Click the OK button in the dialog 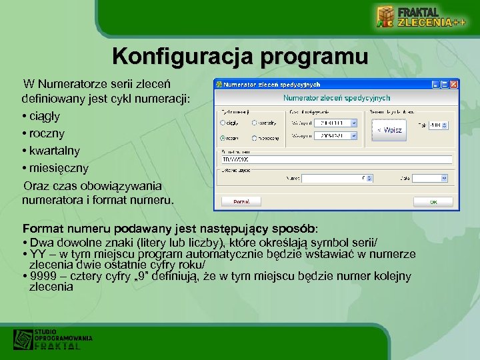click(x=433, y=201)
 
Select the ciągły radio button click(x=222, y=123)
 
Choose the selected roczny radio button click(x=222, y=138)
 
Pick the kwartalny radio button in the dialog click(x=255, y=123)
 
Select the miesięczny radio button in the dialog click(x=255, y=138)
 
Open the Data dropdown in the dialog click(x=445, y=178)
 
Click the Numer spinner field click(x=333, y=178)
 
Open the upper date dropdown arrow click(x=354, y=123)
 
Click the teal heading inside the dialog click(x=336, y=98)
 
